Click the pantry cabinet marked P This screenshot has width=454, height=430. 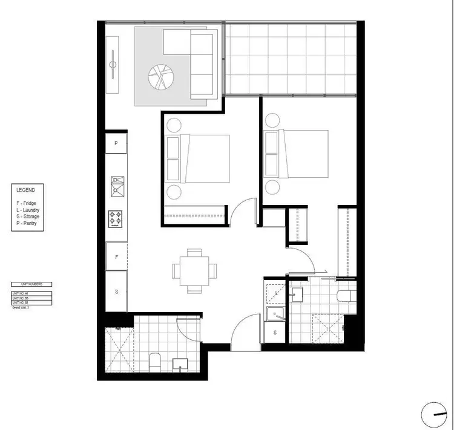pos(116,144)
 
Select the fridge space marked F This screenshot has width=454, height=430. pos(116,256)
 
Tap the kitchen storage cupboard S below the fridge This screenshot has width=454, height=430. pos(116,291)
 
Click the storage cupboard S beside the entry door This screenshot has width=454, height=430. pos(275,333)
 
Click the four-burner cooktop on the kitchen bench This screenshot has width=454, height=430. pos(116,218)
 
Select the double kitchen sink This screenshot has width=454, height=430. pos(116,186)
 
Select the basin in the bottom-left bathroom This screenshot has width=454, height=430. pos(181,365)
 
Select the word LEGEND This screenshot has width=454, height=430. pos(27,190)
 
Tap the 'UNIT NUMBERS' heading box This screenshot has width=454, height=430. pos(31,284)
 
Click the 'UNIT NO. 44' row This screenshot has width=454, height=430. pos(31,293)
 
